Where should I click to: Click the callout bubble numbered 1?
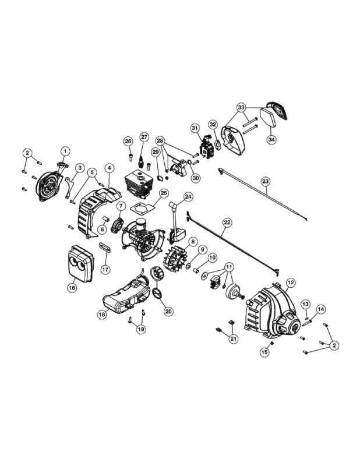[x=65, y=151]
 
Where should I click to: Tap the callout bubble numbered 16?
[x=72, y=287]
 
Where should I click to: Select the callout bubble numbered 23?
[x=266, y=181]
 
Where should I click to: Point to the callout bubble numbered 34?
[x=271, y=139]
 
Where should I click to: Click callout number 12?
[x=291, y=283]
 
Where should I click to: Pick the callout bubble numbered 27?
[x=144, y=137]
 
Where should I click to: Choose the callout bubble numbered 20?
[x=168, y=311]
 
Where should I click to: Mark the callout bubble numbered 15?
[x=264, y=352]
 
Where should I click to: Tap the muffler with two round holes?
[x=81, y=264]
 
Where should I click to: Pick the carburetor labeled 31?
[x=206, y=149]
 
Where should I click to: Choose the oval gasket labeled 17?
[x=104, y=247]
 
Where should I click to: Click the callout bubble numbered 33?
[x=241, y=107]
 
